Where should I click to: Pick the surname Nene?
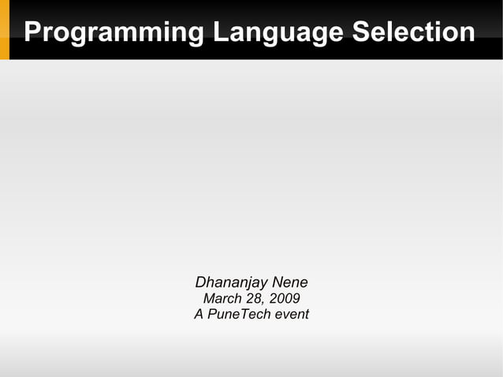click(290, 282)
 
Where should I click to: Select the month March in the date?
click(222, 299)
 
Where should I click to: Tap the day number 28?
click(252, 299)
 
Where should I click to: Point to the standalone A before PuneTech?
click(199, 315)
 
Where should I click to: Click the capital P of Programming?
click(32, 32)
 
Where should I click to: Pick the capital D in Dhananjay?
click(200, 282)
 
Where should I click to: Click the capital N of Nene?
click(277, 282)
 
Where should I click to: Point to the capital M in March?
click(209, 299)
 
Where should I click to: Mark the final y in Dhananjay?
click(264, 284)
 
